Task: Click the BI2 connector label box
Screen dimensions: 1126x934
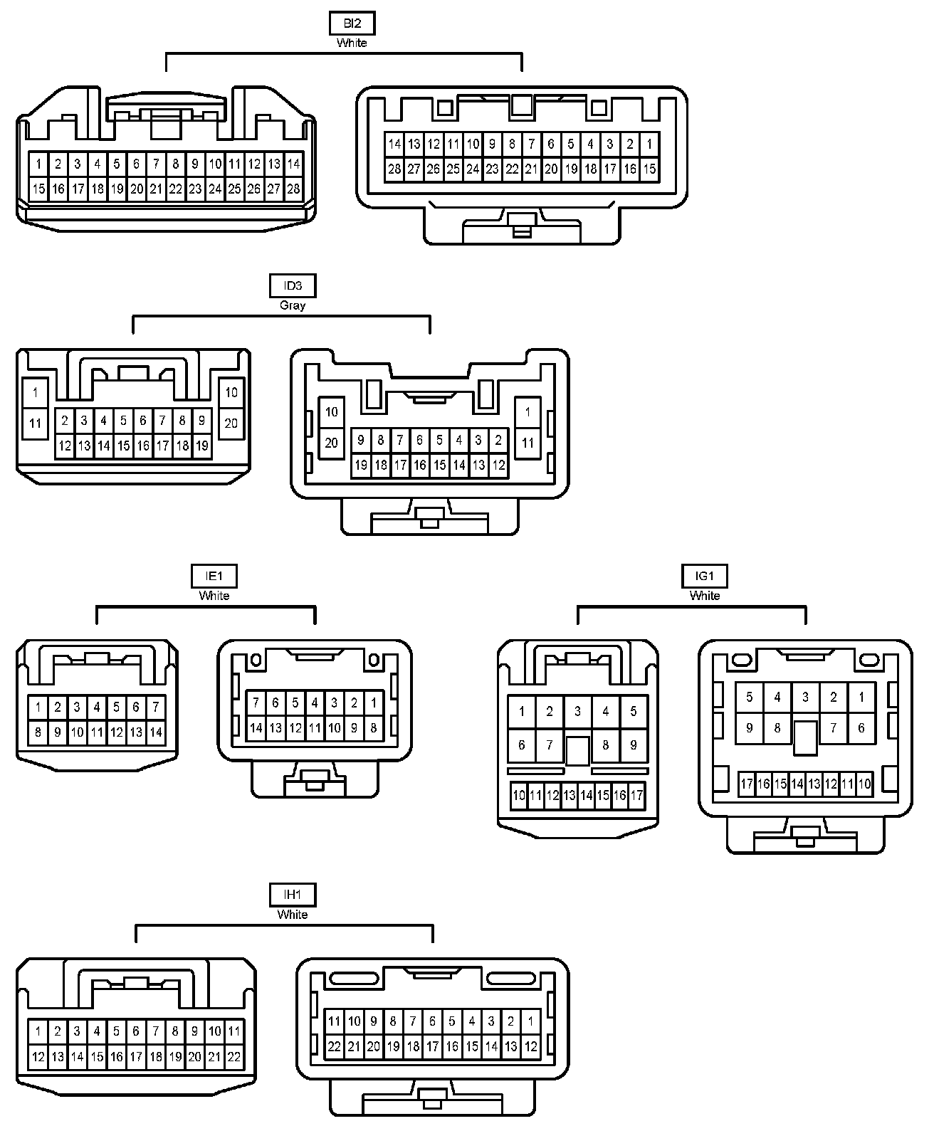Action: pyautogui.click(x=352, y=23)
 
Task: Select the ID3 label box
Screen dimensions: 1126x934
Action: pyautogui.click(x=293, y=286)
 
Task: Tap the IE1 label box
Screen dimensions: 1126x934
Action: pyautogui.click(x=214, y=576)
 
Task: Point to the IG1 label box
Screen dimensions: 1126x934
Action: pyautogui.click(x=704, y=576)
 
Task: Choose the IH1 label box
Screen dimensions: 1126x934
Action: pyautogui.click(x=292, y=895)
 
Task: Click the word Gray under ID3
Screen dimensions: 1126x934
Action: pyautogui.click(x=293, y=305)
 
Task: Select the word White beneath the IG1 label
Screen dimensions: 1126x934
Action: pyautogui.click(x=704, y=596)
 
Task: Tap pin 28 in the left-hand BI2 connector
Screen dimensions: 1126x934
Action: pyautogui.click(x=293, y=189)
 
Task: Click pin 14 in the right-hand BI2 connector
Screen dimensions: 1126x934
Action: pyautogui.click(x=394, y=144)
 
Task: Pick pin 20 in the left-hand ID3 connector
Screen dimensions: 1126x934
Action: pyautogui.click(x=231, y=423)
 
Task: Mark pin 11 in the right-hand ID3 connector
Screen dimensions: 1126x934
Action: pyautogui.click(x=528, y=443)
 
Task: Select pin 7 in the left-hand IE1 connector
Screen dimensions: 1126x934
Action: pyautogui.click(x=155, y=707)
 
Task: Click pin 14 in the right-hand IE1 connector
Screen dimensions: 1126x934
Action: pyautogui.click(x=256, y=728)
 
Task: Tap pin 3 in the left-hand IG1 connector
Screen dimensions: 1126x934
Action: pyautogui.click(x=577, y=711)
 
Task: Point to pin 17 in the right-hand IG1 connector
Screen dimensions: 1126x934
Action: pyautogui.click(x=746, y=785)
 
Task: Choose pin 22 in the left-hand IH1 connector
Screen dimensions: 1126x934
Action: pyautogui.click(x=233, y=1058)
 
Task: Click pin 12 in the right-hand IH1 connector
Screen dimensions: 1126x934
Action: pyautogui.click(x=530, y=1047)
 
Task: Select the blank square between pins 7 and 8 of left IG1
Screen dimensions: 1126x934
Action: pyautogui.click(x=577, y=750)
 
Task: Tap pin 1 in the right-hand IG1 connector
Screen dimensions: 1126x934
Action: pyautogui.click(x=861, y=698)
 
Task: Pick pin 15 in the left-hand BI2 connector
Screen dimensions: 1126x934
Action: pyautogui.click(x=38, y=189)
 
